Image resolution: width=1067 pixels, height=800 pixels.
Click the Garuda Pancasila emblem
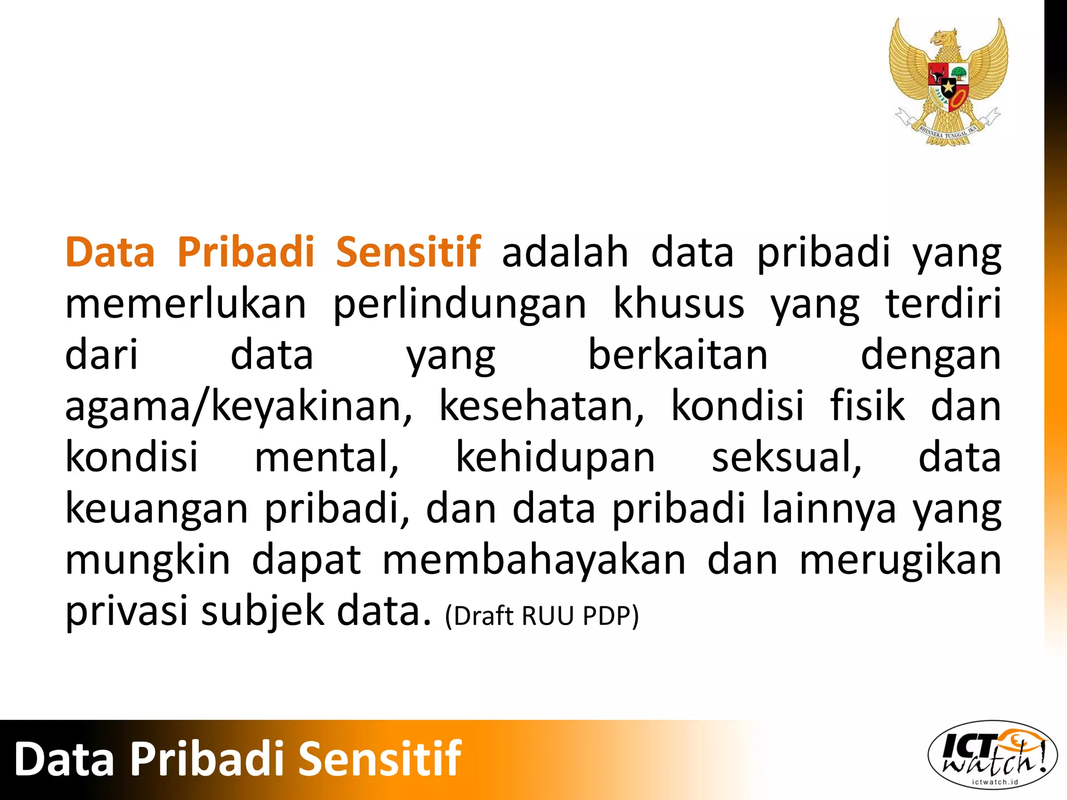pos(948,81)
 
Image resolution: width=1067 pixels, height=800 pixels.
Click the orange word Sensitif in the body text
pos(408,252)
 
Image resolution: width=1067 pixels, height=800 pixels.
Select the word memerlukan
pos(186,304)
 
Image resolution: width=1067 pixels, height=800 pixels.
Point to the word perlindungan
pos(460,305)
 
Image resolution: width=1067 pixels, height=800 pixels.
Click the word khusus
pos(679,304)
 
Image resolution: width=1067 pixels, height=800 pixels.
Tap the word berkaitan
pos(678,355)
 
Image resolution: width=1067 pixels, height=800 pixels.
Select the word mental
pos(327,457)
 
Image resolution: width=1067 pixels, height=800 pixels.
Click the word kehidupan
pos(555,457)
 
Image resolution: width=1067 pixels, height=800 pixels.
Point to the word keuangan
pos(157,509)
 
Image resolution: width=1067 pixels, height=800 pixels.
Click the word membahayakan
pos(535,560)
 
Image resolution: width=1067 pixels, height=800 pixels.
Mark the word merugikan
pos(900,560)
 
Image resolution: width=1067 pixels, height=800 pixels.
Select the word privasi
pos(127,611)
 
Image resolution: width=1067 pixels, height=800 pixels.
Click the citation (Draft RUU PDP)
pos(542,616)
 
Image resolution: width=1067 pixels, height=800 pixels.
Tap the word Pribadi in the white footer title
pos(206,759)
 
